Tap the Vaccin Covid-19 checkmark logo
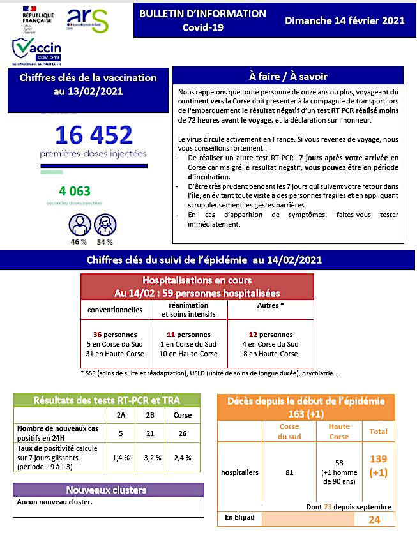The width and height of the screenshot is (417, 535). pos(36,50)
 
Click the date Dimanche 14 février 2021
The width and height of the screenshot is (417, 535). pos(345,20)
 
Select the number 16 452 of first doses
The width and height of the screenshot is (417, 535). pos(94,135)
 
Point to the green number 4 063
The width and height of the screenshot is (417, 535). pos(75,191)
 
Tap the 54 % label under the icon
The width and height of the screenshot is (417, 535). pos(105,242)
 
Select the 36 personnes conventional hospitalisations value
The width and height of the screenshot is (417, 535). pos(115,335)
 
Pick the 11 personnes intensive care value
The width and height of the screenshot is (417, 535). pos(188,335)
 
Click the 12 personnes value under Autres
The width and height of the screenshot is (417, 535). pos(271,335)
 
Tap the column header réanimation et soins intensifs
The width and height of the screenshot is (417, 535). pos(188,310)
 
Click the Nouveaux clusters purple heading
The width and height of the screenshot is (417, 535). pos(106,490)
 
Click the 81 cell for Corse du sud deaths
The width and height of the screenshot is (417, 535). pos(289,473)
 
